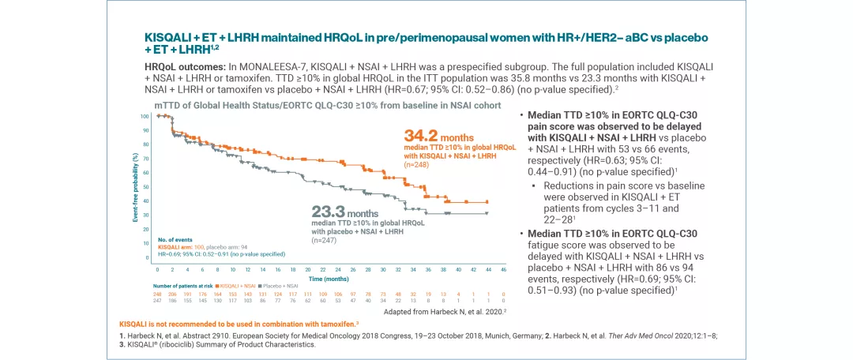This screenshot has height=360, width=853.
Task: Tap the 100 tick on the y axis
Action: tap(145, 116)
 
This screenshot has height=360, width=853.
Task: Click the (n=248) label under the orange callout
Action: tap(417, 165)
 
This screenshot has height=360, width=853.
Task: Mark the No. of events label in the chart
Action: tap(175, 238)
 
